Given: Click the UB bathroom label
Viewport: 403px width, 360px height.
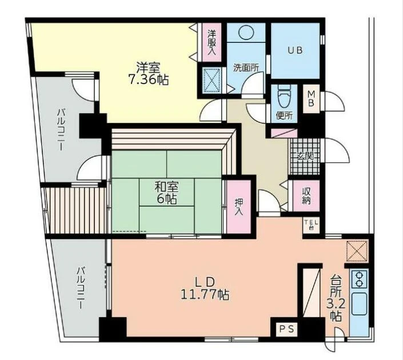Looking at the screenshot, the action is coord(295,50).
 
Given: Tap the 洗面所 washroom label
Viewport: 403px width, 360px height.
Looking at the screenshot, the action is coord(246,68).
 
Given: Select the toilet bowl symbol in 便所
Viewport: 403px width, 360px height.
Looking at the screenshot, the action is coord(284,96).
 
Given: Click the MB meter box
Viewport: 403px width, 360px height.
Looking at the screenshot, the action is coord(311,98).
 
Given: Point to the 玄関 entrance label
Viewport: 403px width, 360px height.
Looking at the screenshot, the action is coord(305,156).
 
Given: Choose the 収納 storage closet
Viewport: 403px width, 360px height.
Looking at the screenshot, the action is coord(306,196).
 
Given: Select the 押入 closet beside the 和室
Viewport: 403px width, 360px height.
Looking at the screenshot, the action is coord(238,207).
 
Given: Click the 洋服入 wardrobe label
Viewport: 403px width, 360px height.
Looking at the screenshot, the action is coord(212,42).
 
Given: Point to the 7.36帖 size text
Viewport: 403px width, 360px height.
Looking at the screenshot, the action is coord(148,80).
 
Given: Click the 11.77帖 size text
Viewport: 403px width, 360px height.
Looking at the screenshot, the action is coord(205,295).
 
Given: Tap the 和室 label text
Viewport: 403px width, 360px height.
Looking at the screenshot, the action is coord(166,187).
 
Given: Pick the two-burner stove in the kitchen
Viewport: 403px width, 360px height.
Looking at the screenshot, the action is coord(359,278).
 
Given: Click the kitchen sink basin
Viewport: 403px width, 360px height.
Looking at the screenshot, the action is coord(359,304).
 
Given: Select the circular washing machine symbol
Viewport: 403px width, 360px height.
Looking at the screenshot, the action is coord(246,32).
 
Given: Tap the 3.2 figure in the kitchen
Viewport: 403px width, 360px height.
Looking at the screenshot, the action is coord(336,305).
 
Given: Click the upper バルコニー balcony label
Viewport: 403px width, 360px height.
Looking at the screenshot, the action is coord(61,130).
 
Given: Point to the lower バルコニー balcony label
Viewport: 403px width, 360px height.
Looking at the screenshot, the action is coord(81,288).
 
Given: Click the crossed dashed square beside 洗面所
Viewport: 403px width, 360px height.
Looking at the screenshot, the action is coord(212,80).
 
